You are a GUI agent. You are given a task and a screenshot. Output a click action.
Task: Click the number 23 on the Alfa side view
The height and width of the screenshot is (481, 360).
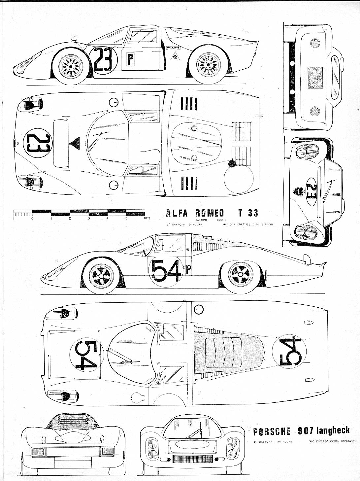[103, 60]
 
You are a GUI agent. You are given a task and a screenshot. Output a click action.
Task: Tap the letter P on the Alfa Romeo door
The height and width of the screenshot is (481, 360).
[131, 60]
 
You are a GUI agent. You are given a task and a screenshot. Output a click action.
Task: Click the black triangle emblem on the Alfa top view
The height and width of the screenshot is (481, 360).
[76, 143]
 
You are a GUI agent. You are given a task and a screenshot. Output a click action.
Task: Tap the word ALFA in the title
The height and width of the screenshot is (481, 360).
[177, 213]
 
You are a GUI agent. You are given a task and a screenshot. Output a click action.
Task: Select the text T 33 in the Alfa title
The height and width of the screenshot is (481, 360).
[248, 213]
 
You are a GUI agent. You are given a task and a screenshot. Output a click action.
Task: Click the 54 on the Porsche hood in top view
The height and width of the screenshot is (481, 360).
[86, 355]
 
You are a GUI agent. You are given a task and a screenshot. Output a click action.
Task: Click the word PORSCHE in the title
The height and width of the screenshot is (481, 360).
[272, 431]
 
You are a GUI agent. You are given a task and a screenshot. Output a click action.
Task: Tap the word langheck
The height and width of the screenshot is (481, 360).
[333, 430]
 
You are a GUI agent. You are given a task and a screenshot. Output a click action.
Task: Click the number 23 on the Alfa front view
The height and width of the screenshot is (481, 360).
[311, 192]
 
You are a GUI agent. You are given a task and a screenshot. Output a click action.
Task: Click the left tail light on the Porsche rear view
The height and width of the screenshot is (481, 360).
[38, 451]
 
